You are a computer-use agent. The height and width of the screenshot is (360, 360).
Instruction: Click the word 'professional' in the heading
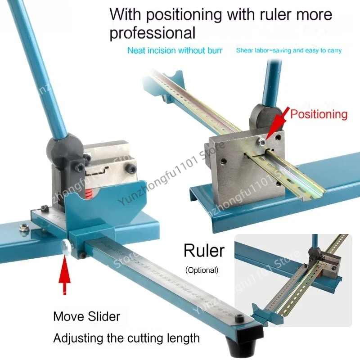tap(153, 33)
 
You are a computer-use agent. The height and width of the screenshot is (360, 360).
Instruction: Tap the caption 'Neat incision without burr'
tap(175, 50)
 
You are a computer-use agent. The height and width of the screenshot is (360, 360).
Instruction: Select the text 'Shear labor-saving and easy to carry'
tap(289, 50)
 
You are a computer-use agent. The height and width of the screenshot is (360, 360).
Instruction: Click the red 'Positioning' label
tap(319, 114)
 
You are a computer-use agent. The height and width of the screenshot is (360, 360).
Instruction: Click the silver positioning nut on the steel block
tap(261, 142)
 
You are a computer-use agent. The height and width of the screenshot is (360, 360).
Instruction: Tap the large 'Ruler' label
tap(204, 251)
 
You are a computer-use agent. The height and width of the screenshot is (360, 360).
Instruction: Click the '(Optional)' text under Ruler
tap(202, 270)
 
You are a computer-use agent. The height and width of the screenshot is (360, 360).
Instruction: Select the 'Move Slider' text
tap(86, 317)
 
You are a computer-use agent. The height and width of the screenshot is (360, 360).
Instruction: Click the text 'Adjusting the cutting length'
tap(126, 338)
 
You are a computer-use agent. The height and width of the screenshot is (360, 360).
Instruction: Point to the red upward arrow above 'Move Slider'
tap(64, 275)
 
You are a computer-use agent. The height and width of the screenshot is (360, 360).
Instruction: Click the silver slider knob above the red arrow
tap(66, 247)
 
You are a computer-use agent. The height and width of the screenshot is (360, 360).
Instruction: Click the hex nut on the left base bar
tap(24, 228)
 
